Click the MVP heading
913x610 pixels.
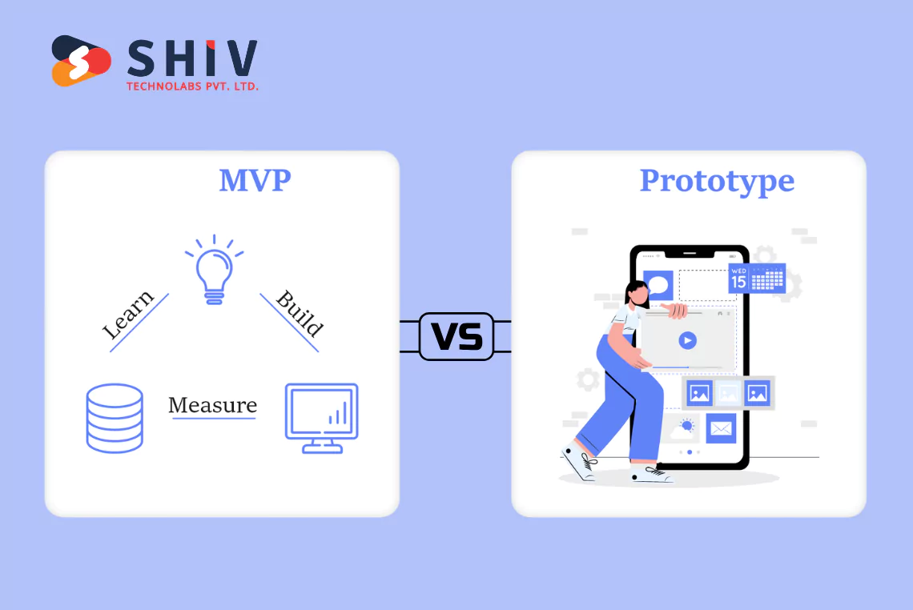point(255,181)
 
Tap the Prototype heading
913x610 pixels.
point(717,181)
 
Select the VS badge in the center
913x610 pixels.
point(456,336)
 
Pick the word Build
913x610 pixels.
point(300,314)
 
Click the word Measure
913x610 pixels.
point(212,405)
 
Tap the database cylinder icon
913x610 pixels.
point(115,418)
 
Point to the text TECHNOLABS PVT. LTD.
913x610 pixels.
point(192,86)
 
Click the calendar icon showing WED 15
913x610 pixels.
point(756,278)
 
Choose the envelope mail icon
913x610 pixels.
point(721,428)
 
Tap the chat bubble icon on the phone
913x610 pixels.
point(660,284)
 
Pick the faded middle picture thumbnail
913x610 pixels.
point(728,393)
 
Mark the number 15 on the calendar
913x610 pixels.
point(738,282)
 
